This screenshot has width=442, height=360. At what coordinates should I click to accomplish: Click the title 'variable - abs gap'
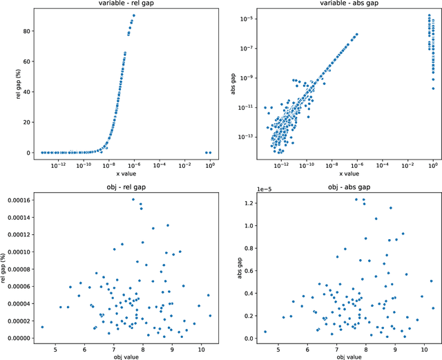point(347,4)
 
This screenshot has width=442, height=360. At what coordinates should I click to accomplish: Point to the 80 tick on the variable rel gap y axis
point(25,30)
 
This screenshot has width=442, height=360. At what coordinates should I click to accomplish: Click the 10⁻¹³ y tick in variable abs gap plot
point(244,137)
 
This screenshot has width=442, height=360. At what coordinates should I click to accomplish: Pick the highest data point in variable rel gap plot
point(134,15)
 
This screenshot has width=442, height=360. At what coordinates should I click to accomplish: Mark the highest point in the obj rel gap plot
point(133,199)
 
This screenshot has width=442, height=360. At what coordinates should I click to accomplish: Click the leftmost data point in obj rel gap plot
point(42,328)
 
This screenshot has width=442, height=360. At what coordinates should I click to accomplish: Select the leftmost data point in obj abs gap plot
point(265,332)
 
